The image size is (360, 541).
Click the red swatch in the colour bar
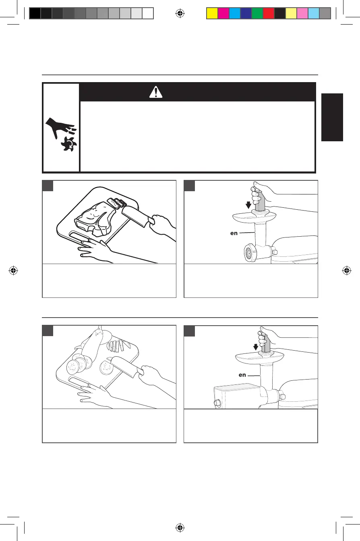tap(269, 14)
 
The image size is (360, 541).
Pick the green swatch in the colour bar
tap(257, 14)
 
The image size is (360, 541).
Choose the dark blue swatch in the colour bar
tap(246, 14)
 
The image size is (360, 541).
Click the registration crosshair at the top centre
tap(180, 14)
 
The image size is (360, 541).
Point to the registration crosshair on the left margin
tap(14, 270)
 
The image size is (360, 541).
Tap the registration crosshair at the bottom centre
tap(180, 527)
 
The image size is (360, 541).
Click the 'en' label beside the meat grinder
tap(234, 233)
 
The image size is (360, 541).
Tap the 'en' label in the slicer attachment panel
tap(242, 375)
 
